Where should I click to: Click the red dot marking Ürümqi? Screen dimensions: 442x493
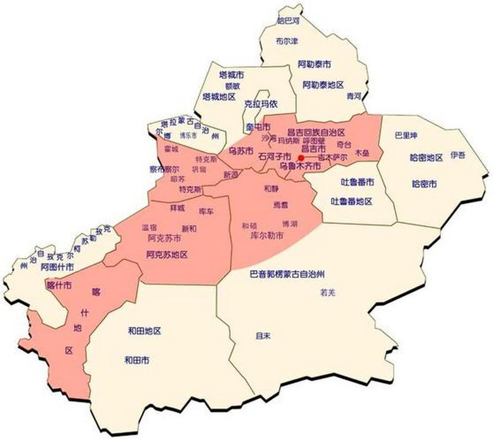click(x=301, y=157)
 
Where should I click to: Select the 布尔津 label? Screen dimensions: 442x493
click(x=287, y=41)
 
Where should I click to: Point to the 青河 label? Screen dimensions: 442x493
click(x=354, y=96)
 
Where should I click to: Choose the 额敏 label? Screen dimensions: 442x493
click(x=232, y=86)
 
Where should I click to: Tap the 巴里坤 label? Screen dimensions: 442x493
click(x=406, y=135)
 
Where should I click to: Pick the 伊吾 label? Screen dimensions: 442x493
click(x=458, y=155)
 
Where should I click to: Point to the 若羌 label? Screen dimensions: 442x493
click(x=327, y=293)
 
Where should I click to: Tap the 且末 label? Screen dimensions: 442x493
click(x=262, y=335)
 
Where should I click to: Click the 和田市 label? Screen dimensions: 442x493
click(x=136, y=360)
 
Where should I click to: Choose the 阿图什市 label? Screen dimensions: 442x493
click(x=57, y=267)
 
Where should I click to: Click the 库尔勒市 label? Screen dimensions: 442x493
click(x=267, y=236)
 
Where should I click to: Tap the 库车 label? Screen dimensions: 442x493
click(x=206, y=212)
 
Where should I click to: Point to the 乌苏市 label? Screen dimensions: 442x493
click(x=241, y=151)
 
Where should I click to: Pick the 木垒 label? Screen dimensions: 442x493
click(x=362, y=151)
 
